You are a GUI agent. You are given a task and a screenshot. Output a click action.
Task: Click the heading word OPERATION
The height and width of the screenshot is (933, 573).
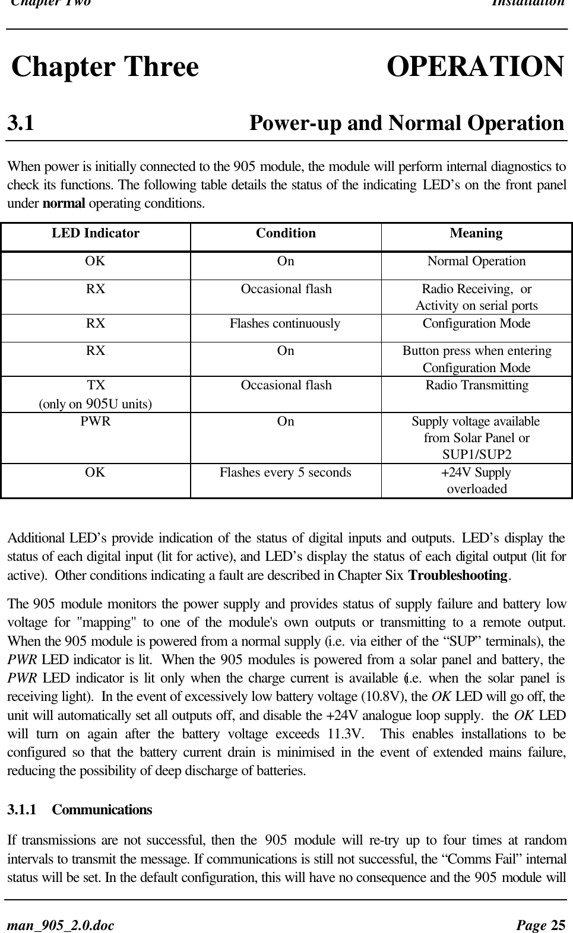click(475, 66)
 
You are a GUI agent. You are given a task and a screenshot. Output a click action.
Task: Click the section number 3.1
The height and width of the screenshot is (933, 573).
click(20, 123)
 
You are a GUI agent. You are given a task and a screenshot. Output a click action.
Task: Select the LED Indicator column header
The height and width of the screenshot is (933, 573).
click(96, 233)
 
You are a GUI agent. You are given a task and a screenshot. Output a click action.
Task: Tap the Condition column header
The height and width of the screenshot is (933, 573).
click(286, 233)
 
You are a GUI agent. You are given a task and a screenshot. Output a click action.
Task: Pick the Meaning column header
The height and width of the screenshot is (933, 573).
click(476, 233)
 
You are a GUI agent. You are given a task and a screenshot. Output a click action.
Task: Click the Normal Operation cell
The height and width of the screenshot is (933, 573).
click(476, 261)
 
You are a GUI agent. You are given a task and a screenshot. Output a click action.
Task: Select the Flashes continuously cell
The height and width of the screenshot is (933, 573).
click(285, 323)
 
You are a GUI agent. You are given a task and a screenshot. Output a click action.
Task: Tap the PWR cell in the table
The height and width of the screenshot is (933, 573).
click(96, 421)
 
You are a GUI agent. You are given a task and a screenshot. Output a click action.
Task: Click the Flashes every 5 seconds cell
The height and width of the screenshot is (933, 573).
click(285, 472)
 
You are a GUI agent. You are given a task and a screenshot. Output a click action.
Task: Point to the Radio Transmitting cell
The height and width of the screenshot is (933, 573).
click(476, 385)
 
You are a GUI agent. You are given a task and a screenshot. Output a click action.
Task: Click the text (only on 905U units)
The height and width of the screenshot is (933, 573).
click(95, 404)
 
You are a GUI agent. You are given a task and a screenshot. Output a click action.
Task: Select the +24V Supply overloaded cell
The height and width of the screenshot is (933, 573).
click(476, 481)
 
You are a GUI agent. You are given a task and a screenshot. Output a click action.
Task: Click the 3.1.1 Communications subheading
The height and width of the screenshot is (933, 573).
click(80, 810)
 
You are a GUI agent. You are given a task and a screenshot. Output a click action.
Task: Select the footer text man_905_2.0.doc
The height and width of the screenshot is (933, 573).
click(61, 925)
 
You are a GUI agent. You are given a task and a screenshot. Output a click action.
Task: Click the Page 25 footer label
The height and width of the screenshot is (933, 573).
click(540, 925)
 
